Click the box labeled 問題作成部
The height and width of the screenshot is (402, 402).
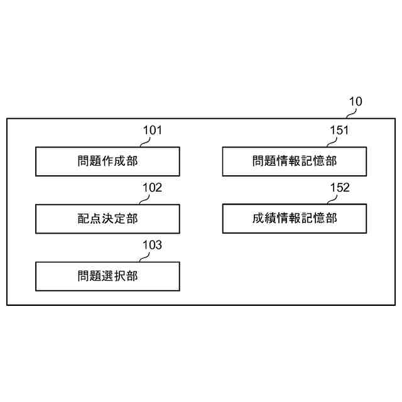(x=107, y=161)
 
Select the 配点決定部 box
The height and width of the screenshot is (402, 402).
(x=107, y=219)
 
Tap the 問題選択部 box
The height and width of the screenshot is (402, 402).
(x=107, y=276)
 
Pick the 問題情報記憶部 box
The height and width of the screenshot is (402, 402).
(x=295, y=161)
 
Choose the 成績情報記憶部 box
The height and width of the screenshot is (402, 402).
(x=295, y=219)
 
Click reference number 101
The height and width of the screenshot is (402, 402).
(x=153, y=131)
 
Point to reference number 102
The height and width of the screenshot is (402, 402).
(x=153, y=188)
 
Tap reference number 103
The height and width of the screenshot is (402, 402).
(x=153, y=245)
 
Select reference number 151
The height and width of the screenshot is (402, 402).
(x=339, y=131)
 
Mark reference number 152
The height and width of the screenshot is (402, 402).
(x=339, y=188)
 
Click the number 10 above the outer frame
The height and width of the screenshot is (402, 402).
(x=356, y=102)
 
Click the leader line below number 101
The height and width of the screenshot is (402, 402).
(x=146, y=143)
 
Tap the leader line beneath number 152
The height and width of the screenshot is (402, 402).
(x=334, y=200)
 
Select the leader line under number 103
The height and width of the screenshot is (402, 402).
(x=146, y=257)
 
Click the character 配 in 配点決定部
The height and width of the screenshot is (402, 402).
(x=83, y=219)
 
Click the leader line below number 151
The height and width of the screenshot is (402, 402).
(x=334, y=143)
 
